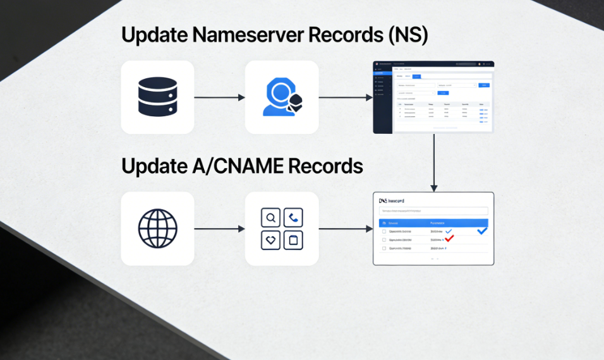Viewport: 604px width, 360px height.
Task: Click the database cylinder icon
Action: tap(157, 97)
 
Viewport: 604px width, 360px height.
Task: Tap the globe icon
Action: tap(157, 228)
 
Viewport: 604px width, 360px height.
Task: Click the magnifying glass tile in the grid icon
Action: tap(271, 218)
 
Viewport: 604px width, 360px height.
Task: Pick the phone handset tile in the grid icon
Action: tap(293, 218)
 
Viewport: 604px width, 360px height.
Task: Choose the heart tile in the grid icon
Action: tap(271, 240)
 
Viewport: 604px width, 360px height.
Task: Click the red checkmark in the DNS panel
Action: tap(449, 239)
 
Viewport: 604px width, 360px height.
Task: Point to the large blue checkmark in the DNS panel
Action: tap(482, 231)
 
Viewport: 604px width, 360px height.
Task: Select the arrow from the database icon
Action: tap(219, 97)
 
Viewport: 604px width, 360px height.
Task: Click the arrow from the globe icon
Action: tap(219, 229)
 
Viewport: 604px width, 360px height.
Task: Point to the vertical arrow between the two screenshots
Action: tap(433, 162)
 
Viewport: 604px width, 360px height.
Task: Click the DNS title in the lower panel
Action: tap(384, 200)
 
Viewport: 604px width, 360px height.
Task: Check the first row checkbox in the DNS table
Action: tap(384, 232)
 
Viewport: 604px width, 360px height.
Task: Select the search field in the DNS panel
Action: tap(433, 211)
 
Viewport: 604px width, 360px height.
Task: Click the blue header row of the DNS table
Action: tap(433, 223)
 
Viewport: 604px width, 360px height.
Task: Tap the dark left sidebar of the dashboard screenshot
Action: tap(382, 101)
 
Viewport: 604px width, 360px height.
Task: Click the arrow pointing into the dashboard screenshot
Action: tap(346, 97)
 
